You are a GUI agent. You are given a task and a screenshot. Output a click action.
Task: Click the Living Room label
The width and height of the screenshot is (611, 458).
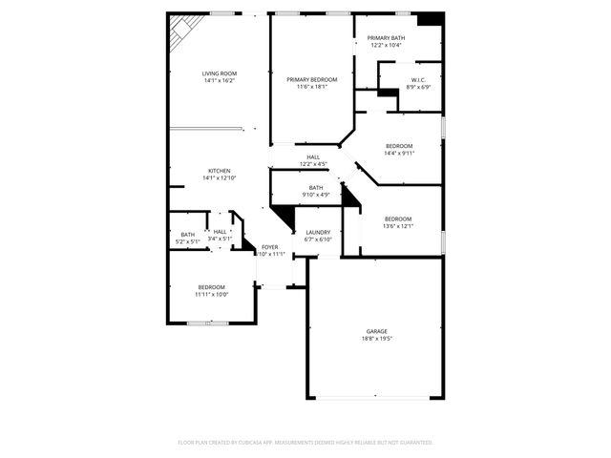pos(219,73)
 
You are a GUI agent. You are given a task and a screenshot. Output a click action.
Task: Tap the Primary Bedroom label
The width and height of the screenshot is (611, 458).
pos(311,79)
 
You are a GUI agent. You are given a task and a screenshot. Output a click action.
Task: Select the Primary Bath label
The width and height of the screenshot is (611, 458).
pos(385,37)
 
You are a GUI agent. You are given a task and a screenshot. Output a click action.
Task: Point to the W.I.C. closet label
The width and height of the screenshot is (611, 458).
pos(418,79)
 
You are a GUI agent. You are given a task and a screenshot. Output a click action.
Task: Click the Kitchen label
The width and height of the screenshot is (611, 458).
pos(219,171)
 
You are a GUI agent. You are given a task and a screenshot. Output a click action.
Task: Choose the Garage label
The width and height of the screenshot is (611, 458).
pos(377,331)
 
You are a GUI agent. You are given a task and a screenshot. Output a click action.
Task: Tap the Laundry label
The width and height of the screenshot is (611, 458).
pos(318,232)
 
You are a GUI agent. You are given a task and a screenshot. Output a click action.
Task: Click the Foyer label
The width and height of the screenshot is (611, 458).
pos(270,246)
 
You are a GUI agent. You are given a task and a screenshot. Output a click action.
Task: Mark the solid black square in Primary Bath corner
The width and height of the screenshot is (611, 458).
pos(431,19)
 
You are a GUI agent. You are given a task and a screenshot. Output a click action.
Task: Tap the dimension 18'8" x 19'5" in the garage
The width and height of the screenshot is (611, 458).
pos(377,338)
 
